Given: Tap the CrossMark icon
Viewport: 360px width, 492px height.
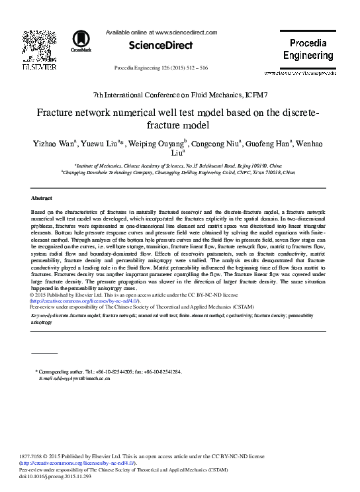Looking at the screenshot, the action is (81, 40).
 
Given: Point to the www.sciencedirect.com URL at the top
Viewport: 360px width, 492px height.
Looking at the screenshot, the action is (185, 32).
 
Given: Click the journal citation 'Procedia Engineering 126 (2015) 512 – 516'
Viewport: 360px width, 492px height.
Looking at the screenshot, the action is (161, 68).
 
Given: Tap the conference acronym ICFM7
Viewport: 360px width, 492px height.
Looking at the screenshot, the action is (252, 96).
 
